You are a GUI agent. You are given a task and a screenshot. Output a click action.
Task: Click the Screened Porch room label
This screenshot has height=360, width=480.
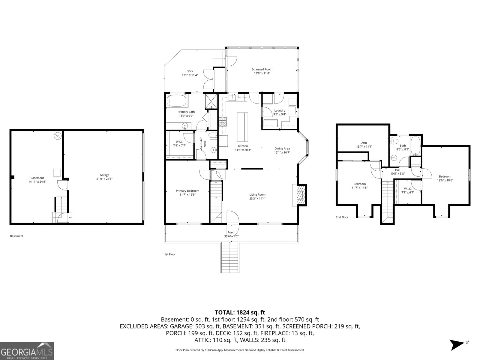coord(262,69)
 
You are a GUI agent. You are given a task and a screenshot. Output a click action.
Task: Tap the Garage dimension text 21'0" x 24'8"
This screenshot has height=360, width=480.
coord(104,179)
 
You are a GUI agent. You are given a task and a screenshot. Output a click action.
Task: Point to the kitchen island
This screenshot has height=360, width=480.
coord(243,127)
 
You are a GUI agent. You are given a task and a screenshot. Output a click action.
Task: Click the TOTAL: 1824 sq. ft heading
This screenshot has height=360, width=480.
coord(240,313)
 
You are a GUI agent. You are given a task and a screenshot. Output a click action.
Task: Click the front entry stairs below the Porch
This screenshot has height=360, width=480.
coord(230,257)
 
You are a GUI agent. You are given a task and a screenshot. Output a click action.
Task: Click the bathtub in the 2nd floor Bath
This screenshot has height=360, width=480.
coord(415,146)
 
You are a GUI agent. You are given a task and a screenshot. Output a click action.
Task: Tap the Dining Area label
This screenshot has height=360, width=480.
coord(282,148)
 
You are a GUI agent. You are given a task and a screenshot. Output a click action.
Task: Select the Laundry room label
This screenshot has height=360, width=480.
coord(280,110)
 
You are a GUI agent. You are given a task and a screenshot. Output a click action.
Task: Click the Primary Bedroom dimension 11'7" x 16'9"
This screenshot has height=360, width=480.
coord(187,195)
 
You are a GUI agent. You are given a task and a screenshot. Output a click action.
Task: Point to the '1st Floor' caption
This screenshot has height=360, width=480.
coord(170,254)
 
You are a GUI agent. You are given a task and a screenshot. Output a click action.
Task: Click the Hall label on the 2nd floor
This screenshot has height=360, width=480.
coord(397,170)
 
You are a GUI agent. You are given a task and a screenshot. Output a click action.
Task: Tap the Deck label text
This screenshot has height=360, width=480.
coord(190,71)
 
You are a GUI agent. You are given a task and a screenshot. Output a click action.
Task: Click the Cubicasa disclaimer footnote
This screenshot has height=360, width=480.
coord(240,350)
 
